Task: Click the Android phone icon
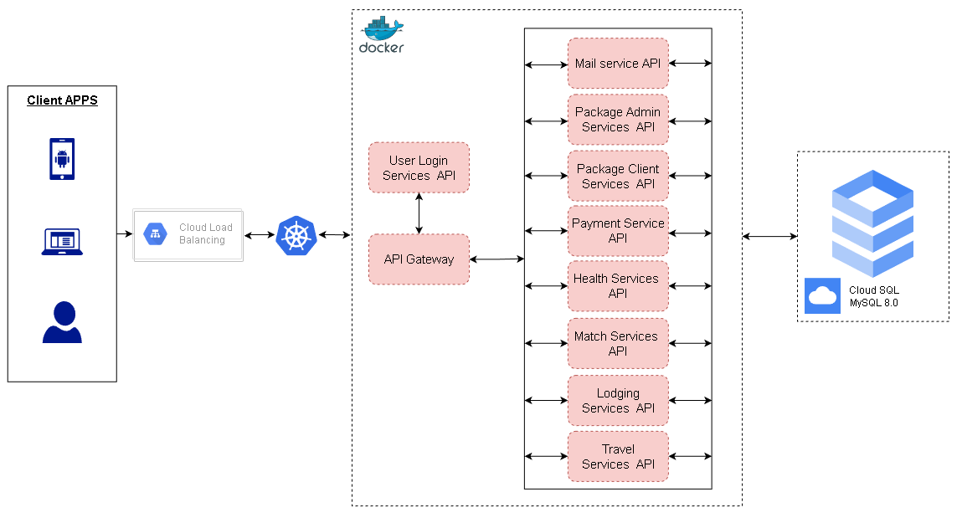pos(62,159)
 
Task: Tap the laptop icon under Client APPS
pos(62,242)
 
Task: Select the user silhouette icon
pos(62,322)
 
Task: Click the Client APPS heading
pos(62,100)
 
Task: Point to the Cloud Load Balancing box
pos(188,235)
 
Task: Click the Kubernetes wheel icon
pos(296,236)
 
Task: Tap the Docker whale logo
pos(382,35)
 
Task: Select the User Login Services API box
pos(419,167)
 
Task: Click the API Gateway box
pos(419,259)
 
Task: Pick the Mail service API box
pos(618,64)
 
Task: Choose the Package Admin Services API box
pos(618,120)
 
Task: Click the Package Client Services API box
pos(618,176)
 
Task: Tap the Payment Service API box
pos(618,231)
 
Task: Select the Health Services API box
pos(618,286)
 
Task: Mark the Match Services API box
pos(618,343)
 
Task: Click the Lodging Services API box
pos(618,400)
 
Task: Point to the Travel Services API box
pos(618,456)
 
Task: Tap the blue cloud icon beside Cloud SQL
pos(822,295)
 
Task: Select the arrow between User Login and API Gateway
pos(419,213)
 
